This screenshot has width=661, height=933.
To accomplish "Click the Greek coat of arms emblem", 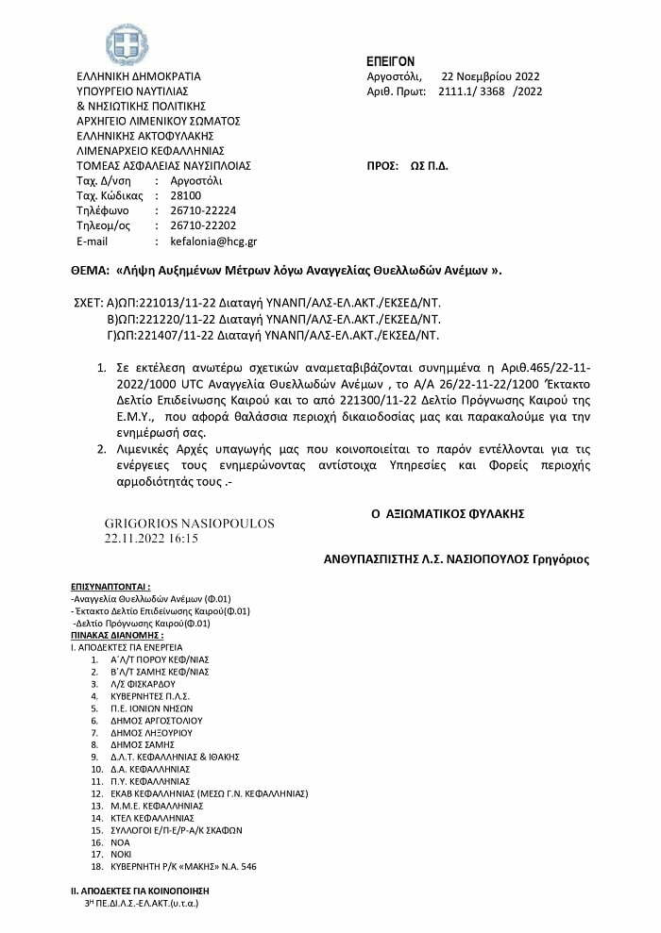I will (x=126, y=43).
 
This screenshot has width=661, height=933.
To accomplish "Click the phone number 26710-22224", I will (x=203, y=210).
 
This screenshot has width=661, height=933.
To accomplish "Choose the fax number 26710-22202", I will (x=203, y=225).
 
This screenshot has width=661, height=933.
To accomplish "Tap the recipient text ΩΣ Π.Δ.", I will (x=429, y=165).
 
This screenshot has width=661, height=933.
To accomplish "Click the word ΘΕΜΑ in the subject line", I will (x=90, y=270).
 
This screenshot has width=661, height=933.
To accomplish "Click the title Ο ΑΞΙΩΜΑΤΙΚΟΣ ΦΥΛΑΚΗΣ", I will (x=447, y=513).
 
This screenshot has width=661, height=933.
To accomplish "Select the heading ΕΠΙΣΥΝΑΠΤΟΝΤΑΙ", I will (x=110, y=586).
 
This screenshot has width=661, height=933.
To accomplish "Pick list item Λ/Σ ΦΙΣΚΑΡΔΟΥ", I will (x=143, y=683).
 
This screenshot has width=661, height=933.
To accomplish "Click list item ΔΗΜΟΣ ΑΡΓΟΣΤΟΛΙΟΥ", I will (x=157, y=720).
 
